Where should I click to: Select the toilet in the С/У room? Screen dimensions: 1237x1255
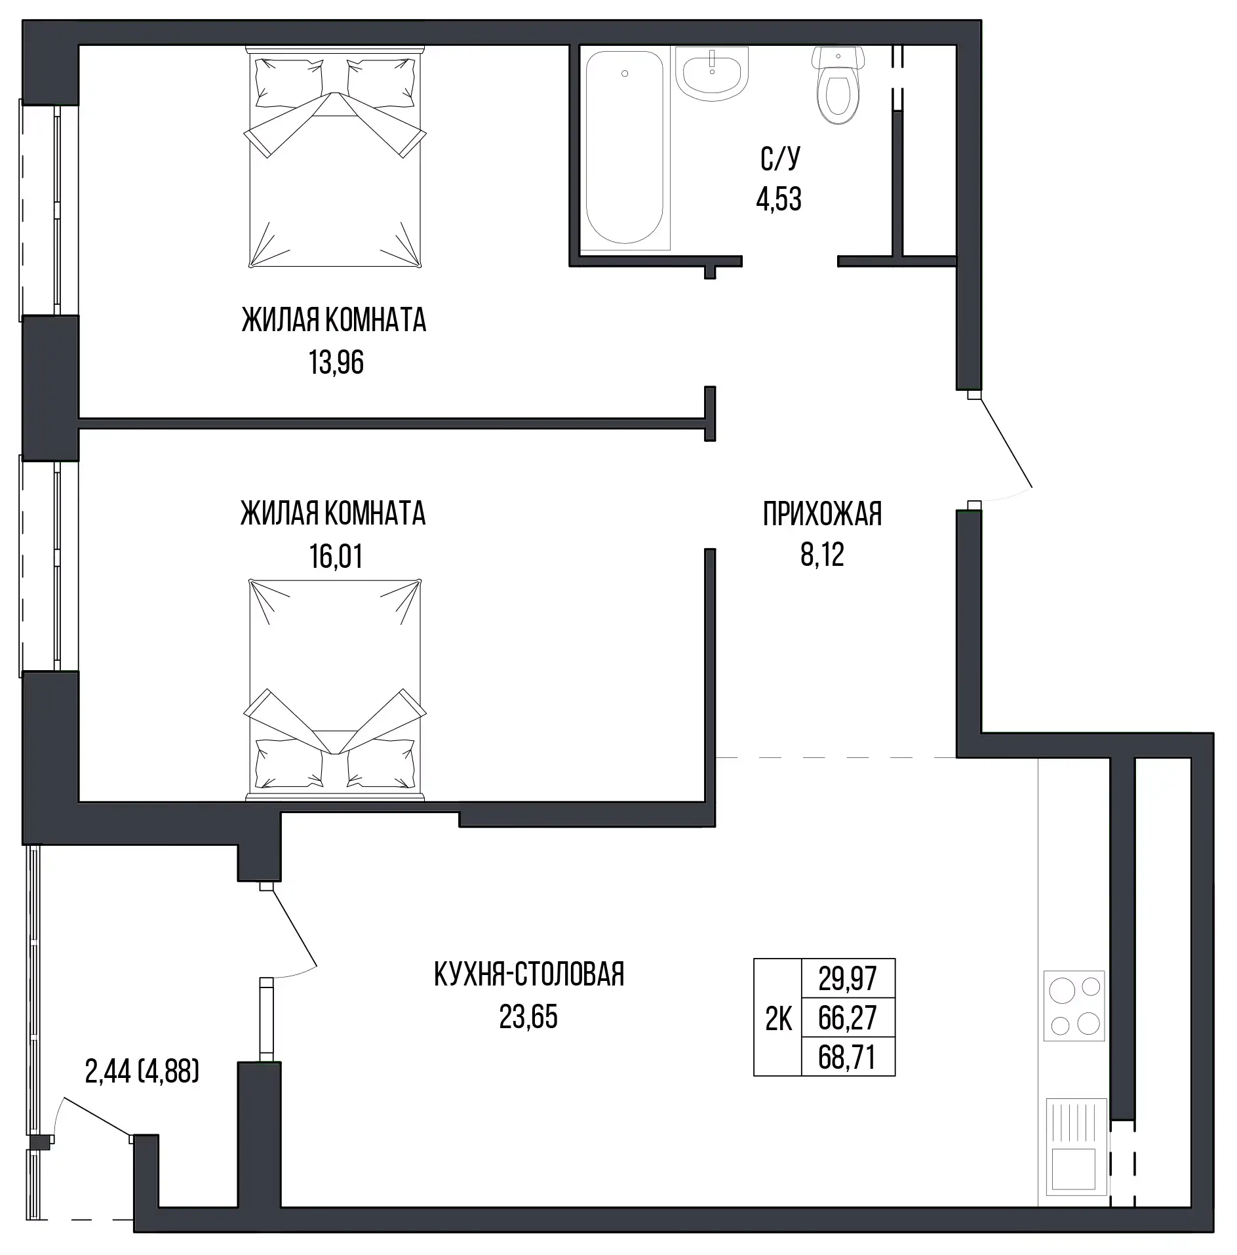[x=836, y=85]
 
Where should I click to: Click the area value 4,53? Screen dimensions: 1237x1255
[x=779, y=199]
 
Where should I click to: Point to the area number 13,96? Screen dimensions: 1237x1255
[x=336, y=363]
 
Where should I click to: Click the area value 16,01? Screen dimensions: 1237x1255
[x=336, y=556]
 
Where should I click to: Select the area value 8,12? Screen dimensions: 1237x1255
[x=822, y=555]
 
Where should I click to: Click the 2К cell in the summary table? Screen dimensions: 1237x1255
[x=778, y=1018]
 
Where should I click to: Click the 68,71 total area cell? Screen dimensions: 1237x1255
[x=848, y=1057]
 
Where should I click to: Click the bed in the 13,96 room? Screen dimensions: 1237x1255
[x=335, y=157]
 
